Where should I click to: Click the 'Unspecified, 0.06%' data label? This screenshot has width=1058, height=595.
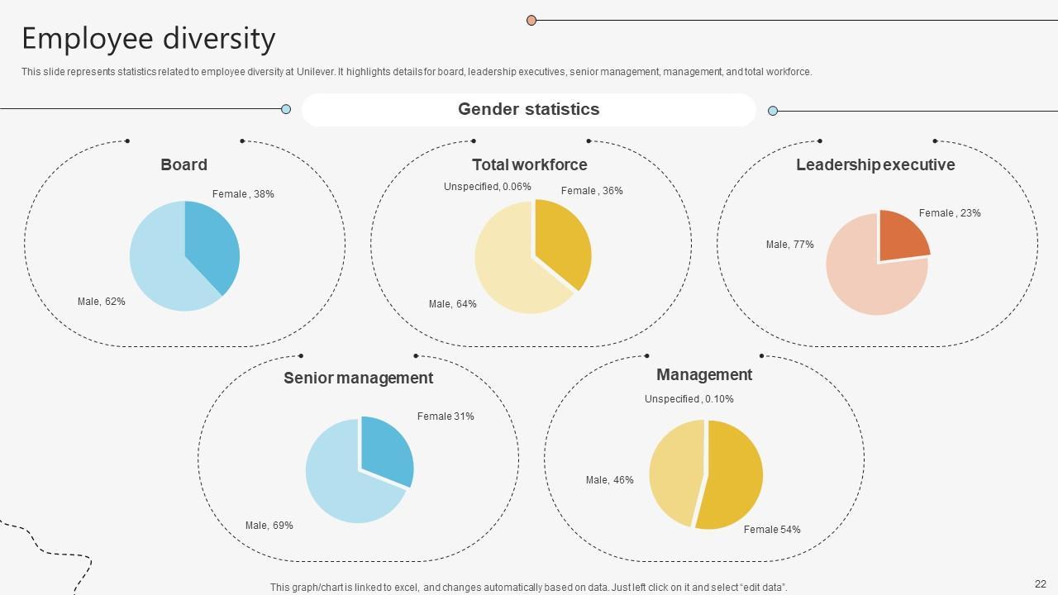click(x=487, y=187)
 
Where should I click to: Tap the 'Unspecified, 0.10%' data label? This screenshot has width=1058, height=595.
click(x=689, y=399)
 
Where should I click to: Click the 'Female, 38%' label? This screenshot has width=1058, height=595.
click(x=243, y=194)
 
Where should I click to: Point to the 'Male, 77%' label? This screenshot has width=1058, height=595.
click(x=789, y=245)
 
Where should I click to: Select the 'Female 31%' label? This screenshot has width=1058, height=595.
click(x=446, y=416)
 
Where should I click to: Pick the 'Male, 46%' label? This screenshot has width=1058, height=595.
click(x=609, y=480)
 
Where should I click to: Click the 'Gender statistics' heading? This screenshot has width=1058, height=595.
click(x=528, y=109)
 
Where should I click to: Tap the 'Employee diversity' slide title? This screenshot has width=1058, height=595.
click(x=148, y=39)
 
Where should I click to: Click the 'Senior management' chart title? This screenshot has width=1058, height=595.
click(x=358, y=378)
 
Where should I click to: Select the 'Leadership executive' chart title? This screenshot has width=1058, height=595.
click(x=875, y=164)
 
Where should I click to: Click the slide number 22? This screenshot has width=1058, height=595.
click(x=1040, y=584)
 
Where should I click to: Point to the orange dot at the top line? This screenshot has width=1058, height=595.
click(x=531, y=20)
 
